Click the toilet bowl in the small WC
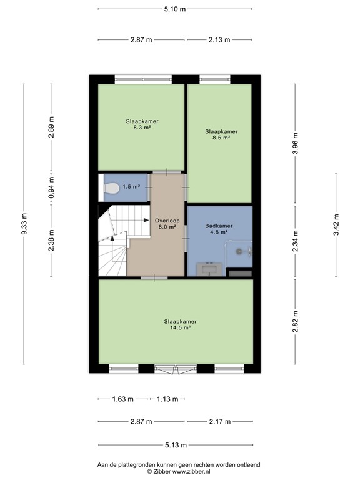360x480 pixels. (111, 188)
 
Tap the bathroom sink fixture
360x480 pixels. (211, 269)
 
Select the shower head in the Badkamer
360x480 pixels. (239, 251)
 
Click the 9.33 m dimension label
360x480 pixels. (24, 224)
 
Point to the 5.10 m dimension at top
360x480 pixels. (175, 9)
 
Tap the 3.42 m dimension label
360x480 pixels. (336, 225)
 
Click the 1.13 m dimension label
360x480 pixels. (167, 399)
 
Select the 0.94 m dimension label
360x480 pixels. (51, 187)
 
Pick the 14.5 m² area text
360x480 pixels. (180, 327)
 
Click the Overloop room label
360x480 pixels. (167, 221)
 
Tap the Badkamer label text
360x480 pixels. (219, 226)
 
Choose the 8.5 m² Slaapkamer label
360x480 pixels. (221, 134)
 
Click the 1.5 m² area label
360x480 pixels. (131, 186)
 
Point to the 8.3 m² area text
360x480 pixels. (142, 127)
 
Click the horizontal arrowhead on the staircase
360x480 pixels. (146, 220)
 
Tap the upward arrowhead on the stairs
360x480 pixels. (112, 238)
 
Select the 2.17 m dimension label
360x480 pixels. (220, 421)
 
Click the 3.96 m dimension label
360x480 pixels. (296, 144)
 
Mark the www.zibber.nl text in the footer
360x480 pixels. (191, 471)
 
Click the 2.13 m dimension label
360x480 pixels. (219, 39)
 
